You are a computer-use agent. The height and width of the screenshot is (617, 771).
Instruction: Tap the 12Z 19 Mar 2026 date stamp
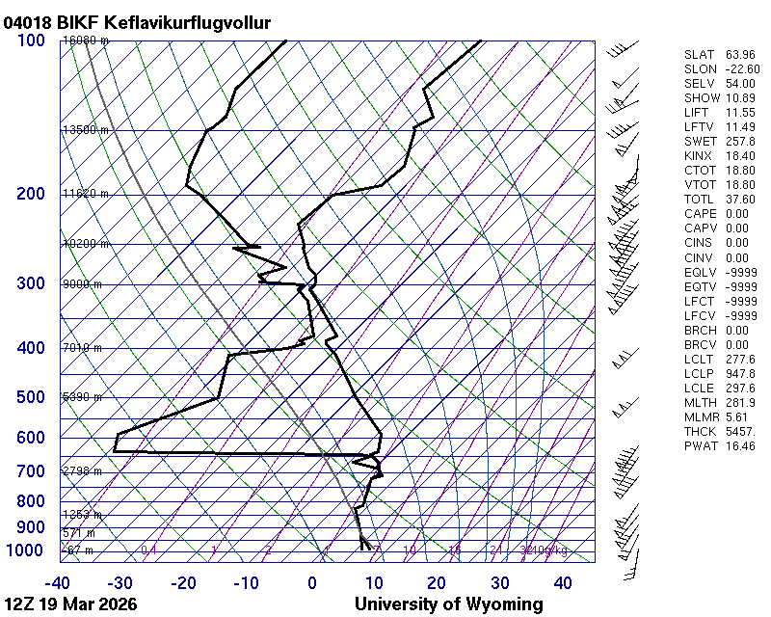(x=69, y=604)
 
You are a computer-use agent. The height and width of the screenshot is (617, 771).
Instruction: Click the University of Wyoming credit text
(x=448, y=604)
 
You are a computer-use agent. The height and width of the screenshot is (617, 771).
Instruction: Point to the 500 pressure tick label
(x=31, y=397)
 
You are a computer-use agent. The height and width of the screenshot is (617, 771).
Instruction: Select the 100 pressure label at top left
(x=31, y=40)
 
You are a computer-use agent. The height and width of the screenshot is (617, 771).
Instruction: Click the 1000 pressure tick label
(x=27, y=550)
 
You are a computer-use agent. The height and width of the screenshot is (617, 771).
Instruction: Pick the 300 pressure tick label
(x=31, y=283)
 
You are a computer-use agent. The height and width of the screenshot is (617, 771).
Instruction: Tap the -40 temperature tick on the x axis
(x=57, y=583)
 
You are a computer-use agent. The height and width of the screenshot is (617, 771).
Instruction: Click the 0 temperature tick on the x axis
(x=312, y=583)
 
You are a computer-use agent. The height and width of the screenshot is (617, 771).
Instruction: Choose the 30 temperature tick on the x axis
(x=499, y=583)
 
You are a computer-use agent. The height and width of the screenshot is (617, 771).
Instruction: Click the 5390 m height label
(x=82, y=397)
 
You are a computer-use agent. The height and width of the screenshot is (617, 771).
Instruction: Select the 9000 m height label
(x=82, y=284)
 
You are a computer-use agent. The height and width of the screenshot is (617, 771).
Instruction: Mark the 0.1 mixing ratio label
(x=148, y=550)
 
